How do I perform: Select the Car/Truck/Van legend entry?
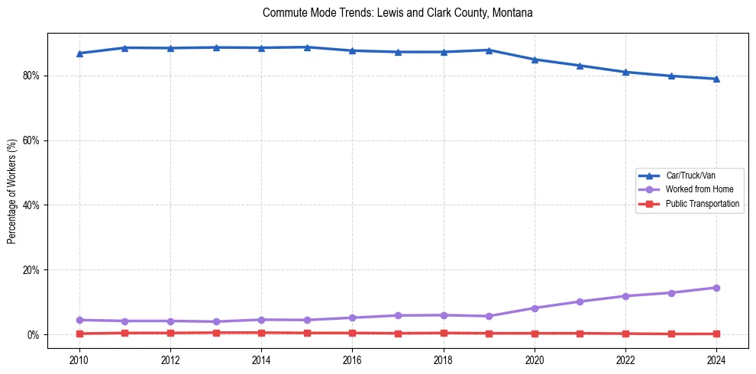690,176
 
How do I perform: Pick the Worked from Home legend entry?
696,189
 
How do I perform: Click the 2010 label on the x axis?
79,359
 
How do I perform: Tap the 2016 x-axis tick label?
352,359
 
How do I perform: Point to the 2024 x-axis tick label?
716,359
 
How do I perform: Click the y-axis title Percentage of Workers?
12,191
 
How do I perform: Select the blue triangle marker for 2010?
79,53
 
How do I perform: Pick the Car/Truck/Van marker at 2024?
716,79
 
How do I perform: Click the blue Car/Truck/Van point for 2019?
489,50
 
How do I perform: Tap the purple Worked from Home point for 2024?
716,288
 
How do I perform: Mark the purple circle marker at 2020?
535,308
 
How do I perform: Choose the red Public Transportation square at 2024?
716,334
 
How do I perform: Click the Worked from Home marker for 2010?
79,320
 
